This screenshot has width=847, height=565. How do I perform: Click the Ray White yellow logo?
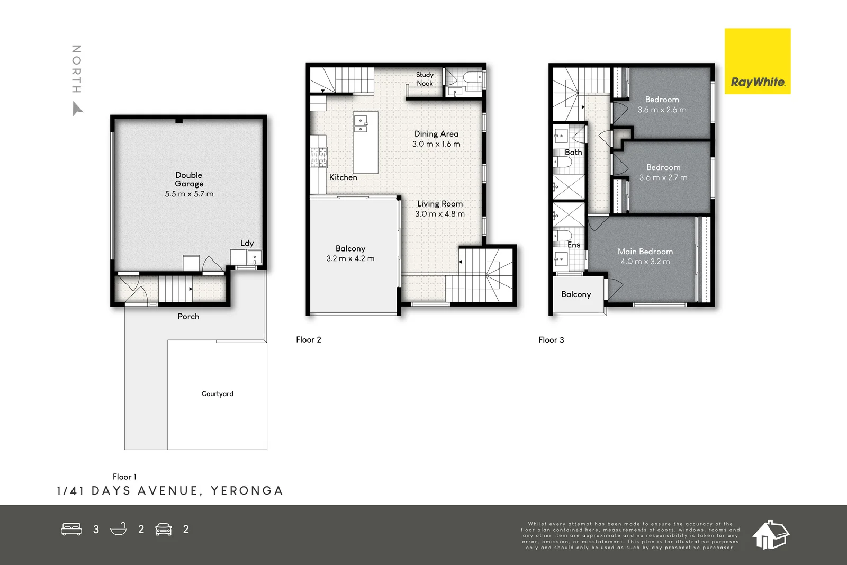click(757, 61)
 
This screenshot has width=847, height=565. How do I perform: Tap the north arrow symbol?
click(77, 109)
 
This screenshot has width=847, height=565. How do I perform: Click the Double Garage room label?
click(189, 180)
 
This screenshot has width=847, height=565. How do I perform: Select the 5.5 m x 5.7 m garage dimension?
click(189, 194)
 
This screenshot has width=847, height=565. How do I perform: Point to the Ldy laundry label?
click(247, 243)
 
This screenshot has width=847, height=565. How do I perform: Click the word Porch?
click(188, 317)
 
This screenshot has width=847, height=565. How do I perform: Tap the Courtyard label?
click(217, 394)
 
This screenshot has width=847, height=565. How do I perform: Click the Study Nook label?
click(425, 79)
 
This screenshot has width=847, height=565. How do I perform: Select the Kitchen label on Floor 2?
click(343, 177)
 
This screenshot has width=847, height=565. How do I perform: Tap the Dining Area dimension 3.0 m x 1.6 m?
click(436, 144)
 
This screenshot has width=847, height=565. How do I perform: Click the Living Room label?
click(440, 204)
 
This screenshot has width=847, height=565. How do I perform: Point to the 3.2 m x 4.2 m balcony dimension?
click(350, 259)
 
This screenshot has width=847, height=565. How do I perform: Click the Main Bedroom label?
click(645, 252)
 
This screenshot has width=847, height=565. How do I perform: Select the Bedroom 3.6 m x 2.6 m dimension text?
click(662, 110)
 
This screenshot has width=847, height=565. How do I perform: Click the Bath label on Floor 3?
click(573, 153)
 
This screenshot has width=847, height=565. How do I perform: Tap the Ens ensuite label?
click(574, 245)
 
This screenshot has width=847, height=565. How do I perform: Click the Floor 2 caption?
click(309, 340)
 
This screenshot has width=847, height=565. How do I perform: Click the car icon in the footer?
click(164, 529)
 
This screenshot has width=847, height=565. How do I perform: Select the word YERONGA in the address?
click(247, 491)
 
